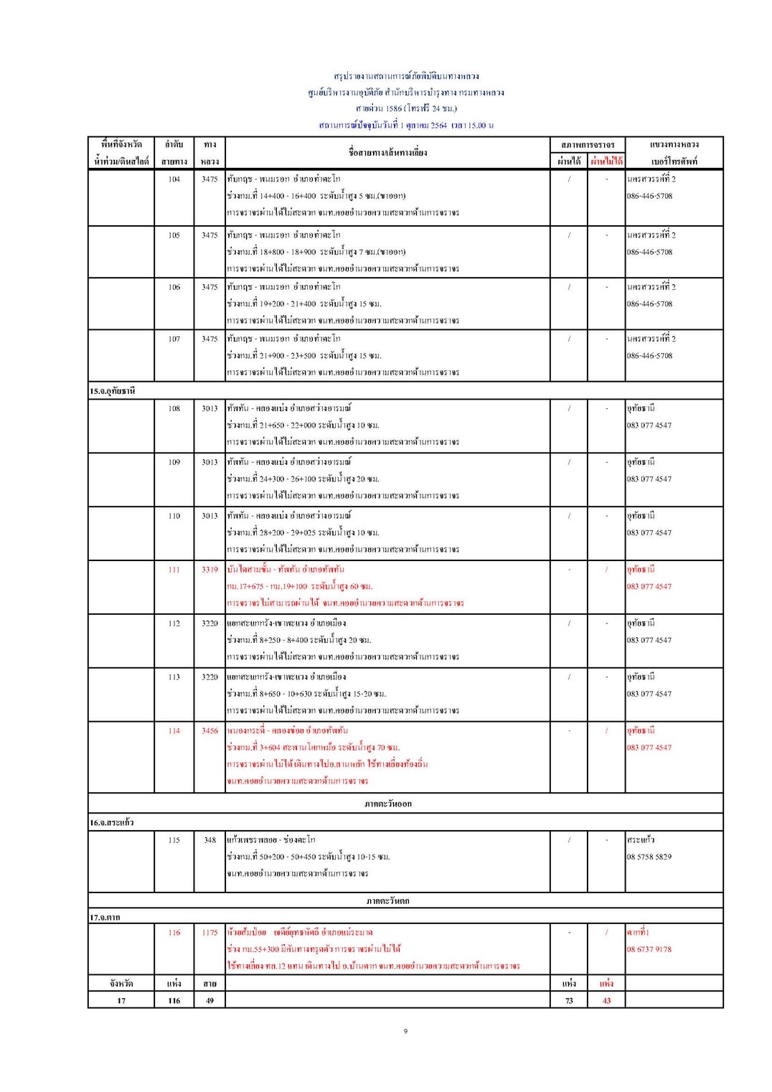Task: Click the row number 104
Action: [x=174, y=179]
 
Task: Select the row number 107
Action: [x=174, y=339]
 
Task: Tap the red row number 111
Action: [x=174, y=570]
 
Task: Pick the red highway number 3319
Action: [x=210, y=570]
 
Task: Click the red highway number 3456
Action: [x=210, y=731]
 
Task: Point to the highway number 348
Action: [x=210, y=840]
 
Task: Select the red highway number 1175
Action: [x=210, y=933]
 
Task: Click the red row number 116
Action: [x=174, y=933]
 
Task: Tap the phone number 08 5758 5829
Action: [x=649, y=857]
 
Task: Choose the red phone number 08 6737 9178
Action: [x=649, y=949]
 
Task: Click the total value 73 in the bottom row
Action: [x=569, y=1001]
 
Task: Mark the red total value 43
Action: [x=606, y=1001]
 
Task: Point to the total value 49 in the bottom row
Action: [x=210, y=1001]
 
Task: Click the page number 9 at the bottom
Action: [x=405, y=1032]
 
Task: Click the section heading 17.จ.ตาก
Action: [x=105, y=918]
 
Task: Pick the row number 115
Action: [x=174, y=840]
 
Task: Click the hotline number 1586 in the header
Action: [x=394, y=109]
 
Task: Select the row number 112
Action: [x=174, y=623]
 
